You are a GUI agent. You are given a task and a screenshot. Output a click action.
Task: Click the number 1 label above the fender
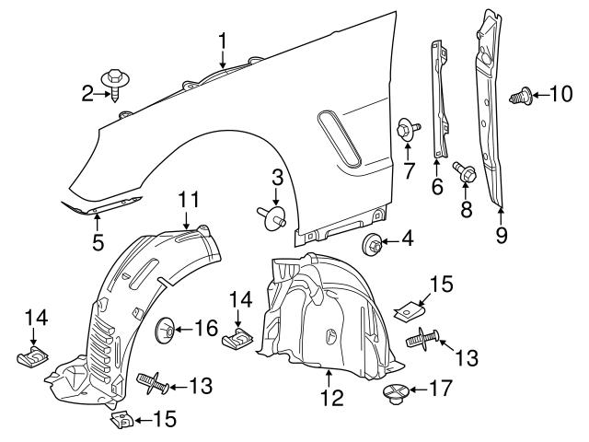223,40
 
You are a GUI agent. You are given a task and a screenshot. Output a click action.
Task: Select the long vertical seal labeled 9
491,110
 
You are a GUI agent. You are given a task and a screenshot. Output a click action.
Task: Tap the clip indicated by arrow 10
521,93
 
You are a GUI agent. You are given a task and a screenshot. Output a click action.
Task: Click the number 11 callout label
188,198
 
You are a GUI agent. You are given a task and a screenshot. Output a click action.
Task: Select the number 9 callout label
502,235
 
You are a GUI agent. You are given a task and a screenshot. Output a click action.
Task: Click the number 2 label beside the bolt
87,93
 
